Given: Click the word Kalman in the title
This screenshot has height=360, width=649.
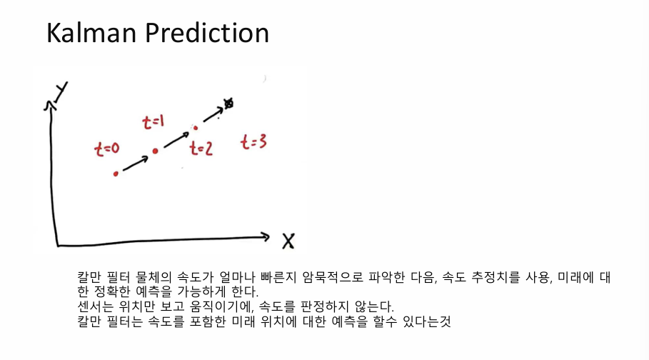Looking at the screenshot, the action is click(91, 33).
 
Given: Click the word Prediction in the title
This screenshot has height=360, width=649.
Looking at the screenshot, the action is click(207, 33).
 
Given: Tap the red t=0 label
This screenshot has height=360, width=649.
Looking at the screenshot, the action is click(107, 149).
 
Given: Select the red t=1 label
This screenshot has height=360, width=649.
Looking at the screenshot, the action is click(153, 122).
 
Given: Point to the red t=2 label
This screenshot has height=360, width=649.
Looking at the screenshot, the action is click(201, 149).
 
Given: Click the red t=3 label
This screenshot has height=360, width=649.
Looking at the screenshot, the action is click(253, 142).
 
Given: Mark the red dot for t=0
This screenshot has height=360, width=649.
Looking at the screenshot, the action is click(116, 174).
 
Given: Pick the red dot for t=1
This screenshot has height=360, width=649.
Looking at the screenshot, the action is click(155, 151).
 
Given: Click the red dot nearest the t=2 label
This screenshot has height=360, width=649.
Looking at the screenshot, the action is click(196, 128).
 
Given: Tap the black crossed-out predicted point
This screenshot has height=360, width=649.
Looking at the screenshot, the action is click(228, 103).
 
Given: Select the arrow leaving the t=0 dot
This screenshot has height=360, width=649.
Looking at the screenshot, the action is click(136, 164).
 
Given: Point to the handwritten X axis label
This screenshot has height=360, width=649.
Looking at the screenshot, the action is click(288, 241).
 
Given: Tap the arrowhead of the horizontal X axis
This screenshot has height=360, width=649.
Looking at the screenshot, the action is click(266, 237).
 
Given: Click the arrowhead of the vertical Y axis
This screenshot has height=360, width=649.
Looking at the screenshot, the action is click(50, 105).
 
